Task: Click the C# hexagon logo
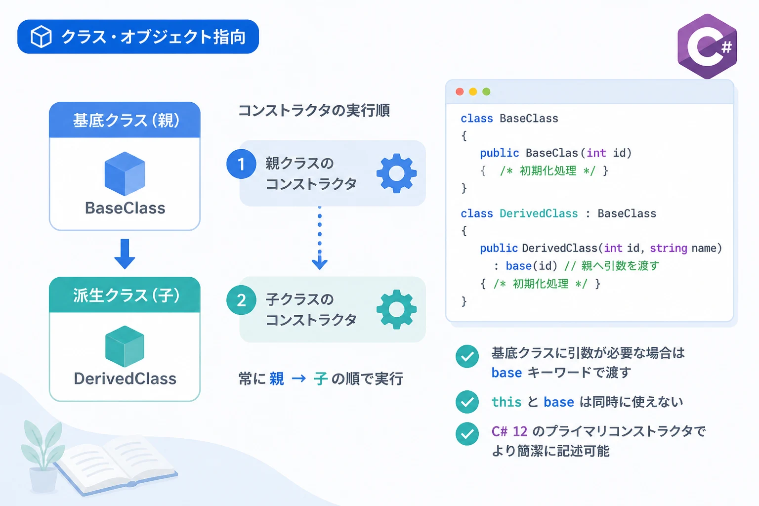tap(707, 46)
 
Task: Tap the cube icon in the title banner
tap(41, 36)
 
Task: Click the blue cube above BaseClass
tap(125, 173)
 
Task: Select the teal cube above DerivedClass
tap(125, 346)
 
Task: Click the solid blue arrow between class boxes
tap(125, 254)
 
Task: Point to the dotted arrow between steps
tap(320, 238)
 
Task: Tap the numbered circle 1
tap(241, 164)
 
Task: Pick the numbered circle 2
tap(241, 300)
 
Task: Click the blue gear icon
tap(396, 173)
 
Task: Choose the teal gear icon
tap(396, 309)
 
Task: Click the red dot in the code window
tap(460, 91)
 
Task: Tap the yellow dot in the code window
tap(473, 91)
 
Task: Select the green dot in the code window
tap(486, 91)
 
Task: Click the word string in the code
tap(669, 249)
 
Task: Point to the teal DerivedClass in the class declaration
tap(539, 213)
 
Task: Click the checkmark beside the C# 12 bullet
tap(467, 433)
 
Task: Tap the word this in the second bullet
tap(506, 402)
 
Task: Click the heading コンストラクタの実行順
tap(314, 111)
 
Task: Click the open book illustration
tap(117, 464)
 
